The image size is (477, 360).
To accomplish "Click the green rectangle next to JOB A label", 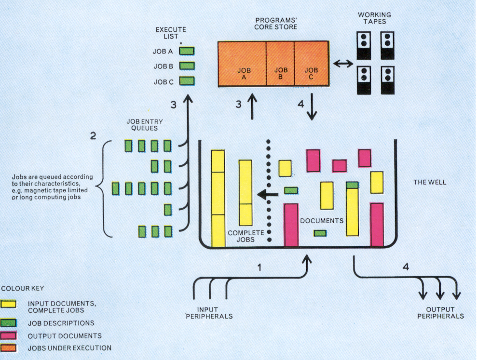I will point(187,51).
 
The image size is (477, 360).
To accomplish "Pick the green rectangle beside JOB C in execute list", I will point(187,81).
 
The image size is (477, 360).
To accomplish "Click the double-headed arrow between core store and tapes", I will point(343,64).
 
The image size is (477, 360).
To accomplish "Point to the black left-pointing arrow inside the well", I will point(268,195).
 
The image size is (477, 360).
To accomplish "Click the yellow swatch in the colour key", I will point(10,304).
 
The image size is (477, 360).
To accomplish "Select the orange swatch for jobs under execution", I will point(10,347).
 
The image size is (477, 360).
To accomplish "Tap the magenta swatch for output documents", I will point(10,335).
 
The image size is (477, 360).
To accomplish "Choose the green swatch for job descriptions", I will point(10,323).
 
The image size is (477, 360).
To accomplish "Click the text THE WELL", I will point(430,183).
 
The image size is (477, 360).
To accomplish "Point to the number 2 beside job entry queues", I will point(93,136).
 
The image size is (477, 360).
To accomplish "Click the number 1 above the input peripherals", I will point(259,267).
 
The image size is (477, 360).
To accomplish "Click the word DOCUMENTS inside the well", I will point(322,221).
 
